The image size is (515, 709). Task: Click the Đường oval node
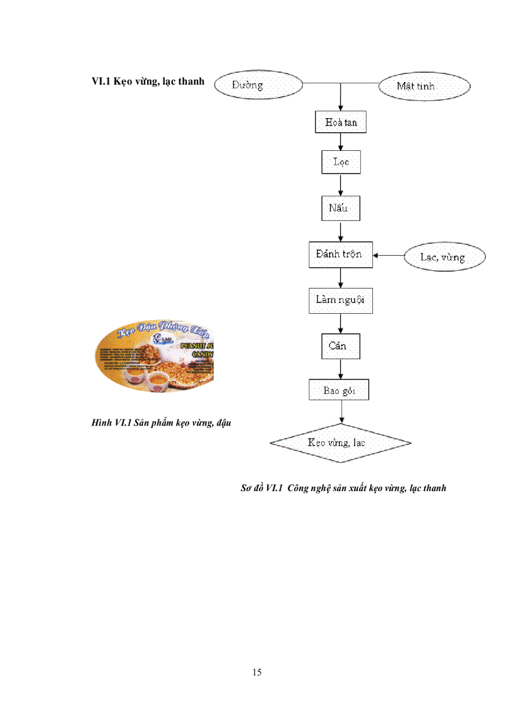259,85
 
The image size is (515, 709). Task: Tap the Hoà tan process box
341,122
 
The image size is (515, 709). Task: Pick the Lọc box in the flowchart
341,162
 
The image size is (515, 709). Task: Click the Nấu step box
341,208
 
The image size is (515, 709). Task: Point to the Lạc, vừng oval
445,257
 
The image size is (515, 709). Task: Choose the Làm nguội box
341,300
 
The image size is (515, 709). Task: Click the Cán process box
341,346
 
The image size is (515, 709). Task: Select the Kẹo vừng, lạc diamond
341,442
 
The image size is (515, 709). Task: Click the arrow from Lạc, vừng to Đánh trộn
388,256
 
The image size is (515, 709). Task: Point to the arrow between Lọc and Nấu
341,185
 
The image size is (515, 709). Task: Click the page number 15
257,672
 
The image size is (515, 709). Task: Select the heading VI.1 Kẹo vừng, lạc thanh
148,82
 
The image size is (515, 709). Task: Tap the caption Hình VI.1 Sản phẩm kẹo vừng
161,423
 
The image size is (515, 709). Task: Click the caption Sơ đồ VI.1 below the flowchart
343,488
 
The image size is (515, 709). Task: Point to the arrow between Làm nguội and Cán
341,323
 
